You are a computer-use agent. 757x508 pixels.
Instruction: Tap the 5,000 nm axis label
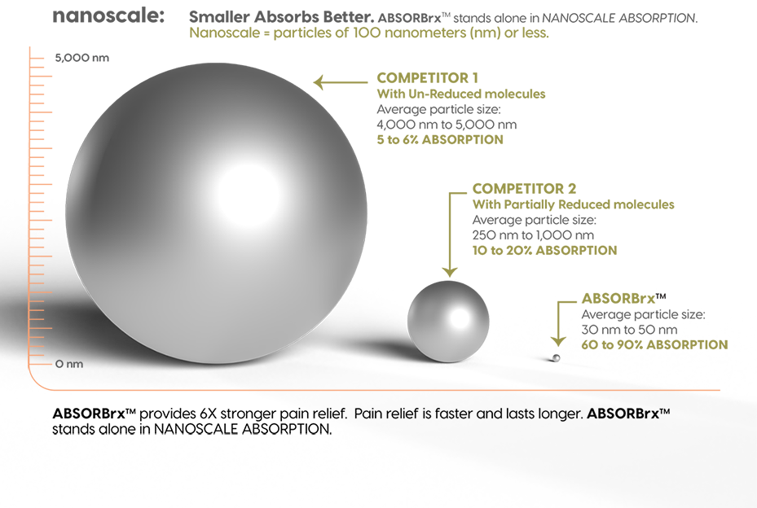(81, 58)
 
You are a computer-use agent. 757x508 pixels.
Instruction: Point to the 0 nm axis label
(69, 364)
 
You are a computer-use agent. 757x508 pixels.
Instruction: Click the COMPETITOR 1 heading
(427, 78)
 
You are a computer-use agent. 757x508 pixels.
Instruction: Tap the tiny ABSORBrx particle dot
(557, 356)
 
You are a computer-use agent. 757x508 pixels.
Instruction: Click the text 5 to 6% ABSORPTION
(440, 140)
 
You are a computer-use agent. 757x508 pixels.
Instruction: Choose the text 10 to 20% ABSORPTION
(544, 251)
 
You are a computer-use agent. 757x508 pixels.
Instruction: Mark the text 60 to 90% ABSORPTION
(654, 345)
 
